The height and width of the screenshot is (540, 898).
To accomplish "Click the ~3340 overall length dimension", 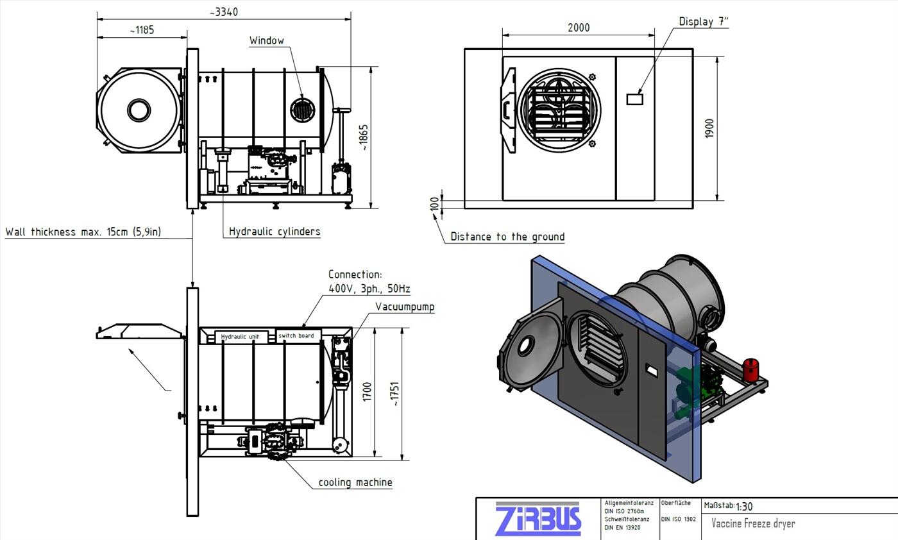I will tap(224, 12).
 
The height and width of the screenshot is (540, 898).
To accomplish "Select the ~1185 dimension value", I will tap(141, 30).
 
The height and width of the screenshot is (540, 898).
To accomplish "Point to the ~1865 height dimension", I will tap(364, 137).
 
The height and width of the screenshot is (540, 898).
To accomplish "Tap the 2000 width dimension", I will tap(579, 28).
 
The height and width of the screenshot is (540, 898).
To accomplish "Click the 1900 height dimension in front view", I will tap(709, 128).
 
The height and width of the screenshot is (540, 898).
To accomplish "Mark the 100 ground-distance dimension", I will tap(435, 203).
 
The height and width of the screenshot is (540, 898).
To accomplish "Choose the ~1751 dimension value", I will tap(395, 394).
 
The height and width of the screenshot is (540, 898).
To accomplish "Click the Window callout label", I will tap(267, 41).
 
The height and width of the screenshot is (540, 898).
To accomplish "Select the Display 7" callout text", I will tap(704, 22).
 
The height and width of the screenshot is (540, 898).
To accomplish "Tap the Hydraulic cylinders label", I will tap(275, 232).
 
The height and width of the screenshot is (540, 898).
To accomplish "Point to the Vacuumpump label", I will tap(405, 307).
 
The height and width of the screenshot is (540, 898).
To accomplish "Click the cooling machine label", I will tap(355, 482).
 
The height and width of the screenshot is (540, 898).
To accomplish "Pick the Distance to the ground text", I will tap(507, 237).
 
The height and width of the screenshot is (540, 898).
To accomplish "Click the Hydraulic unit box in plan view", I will tap(240, 337).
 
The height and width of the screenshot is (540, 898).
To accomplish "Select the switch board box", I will tap(296, 335).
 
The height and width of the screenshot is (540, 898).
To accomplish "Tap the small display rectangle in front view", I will tap(634, 99).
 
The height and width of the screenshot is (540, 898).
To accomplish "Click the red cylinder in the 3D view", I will tap(750, 370).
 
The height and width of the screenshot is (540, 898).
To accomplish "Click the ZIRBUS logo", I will tap(538, 519).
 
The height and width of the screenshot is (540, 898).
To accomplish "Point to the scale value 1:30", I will tap(745, 507).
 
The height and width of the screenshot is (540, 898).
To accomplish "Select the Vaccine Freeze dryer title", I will tap(753, 523).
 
